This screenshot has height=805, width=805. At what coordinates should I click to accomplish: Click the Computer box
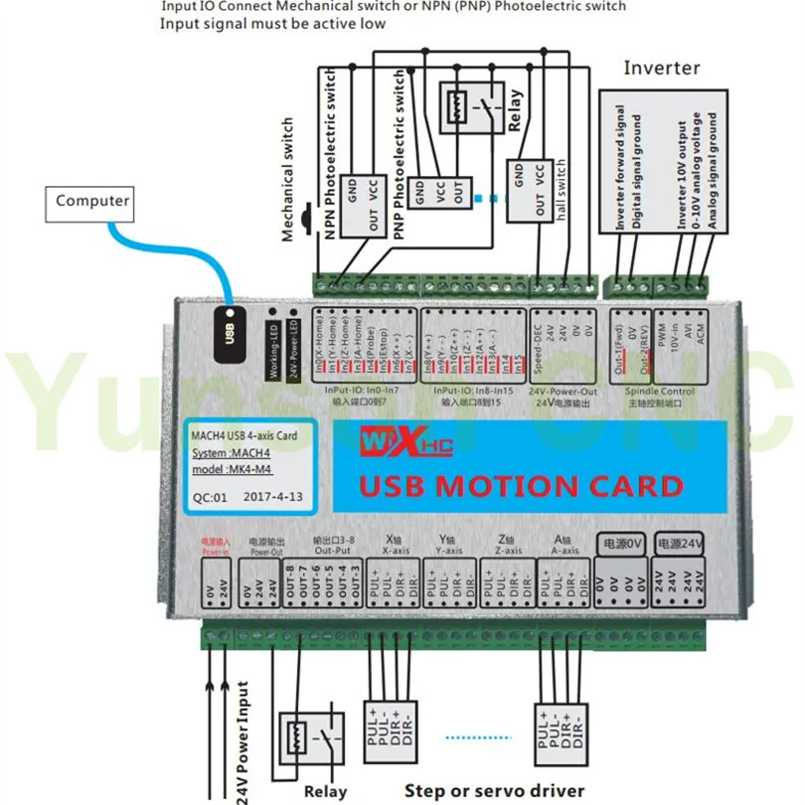(x=92, y=201)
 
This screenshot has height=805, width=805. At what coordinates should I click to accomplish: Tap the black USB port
(x=230, y=327)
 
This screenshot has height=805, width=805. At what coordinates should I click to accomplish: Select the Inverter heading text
(x=661, y=69)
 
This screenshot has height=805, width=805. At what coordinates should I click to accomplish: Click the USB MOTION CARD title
(x=521, y=487)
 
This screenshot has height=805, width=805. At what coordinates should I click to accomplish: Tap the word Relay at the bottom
(x=325, y=791)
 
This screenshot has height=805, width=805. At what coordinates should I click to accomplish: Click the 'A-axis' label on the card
(x=564, y=548)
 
